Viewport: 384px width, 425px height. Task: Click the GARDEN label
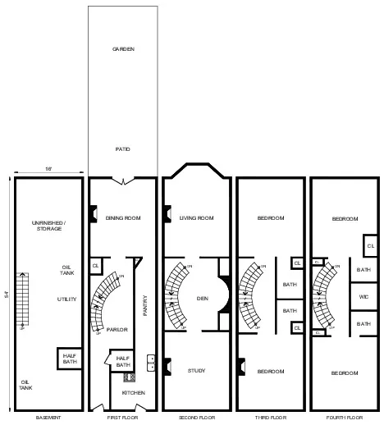click(x=123, y=49)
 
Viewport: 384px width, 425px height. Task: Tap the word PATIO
click(x=122, y=149)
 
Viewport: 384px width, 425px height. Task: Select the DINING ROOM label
click(x=122, y=217)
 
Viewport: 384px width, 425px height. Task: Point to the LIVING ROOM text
click(x=196, y=217)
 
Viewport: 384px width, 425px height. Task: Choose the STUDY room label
click(x=196, y=372)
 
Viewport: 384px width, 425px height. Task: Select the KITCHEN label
click(x=134, y=393)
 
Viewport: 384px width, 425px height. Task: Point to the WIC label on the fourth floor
click(x=363, y=296)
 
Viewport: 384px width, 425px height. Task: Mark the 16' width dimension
click(x=48, y=169)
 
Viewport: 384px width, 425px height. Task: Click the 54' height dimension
click(x=6, y=295)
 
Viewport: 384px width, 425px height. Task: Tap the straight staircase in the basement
click(x=22, y=304)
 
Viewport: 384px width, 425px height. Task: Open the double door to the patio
click(x=122, y=179)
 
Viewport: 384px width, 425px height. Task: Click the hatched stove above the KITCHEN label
click(x=129, y=377)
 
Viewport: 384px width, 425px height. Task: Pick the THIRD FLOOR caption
click(x=270, y=418)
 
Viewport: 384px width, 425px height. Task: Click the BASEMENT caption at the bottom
click(x=48, y=418)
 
